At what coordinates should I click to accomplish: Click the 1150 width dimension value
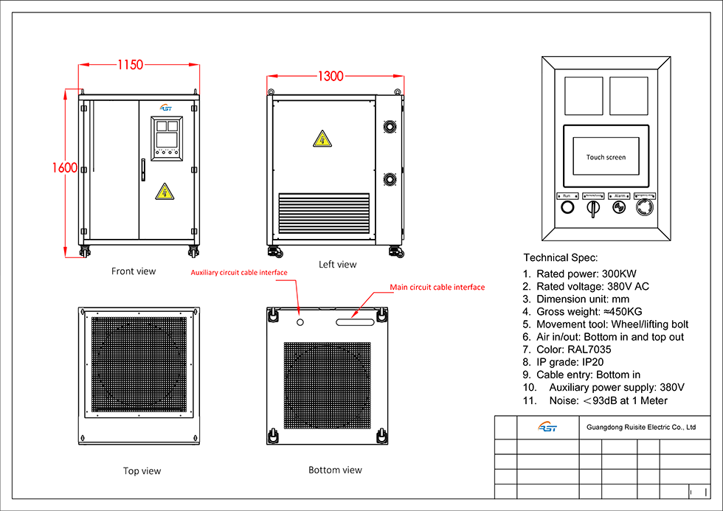130,65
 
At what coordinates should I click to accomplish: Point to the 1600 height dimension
65,167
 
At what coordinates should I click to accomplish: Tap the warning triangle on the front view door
165,192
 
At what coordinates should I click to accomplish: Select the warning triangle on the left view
322,139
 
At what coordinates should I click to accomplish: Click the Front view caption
134,271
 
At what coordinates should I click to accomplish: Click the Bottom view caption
335,470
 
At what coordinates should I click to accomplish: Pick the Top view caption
142,470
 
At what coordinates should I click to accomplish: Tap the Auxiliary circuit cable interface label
238,272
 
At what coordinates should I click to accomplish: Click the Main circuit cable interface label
437,287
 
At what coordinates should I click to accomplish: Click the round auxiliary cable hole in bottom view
300,321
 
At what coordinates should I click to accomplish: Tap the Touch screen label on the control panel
606,157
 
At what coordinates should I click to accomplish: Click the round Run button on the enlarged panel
567,208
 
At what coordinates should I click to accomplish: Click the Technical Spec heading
560,258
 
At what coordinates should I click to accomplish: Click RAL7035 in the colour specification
589,350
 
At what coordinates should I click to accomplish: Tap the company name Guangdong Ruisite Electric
640,426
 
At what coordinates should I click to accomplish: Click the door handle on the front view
142,170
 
